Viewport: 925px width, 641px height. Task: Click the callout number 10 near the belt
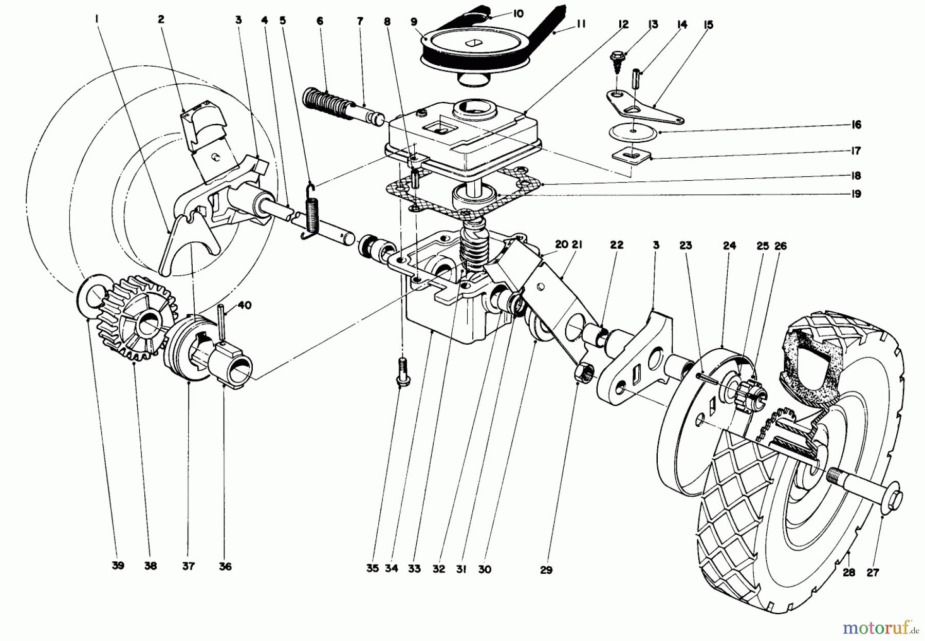point(518,13)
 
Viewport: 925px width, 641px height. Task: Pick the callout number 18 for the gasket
point(855,176)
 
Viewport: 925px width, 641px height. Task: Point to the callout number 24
point(729,246)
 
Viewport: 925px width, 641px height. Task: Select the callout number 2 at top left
point(161,20)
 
